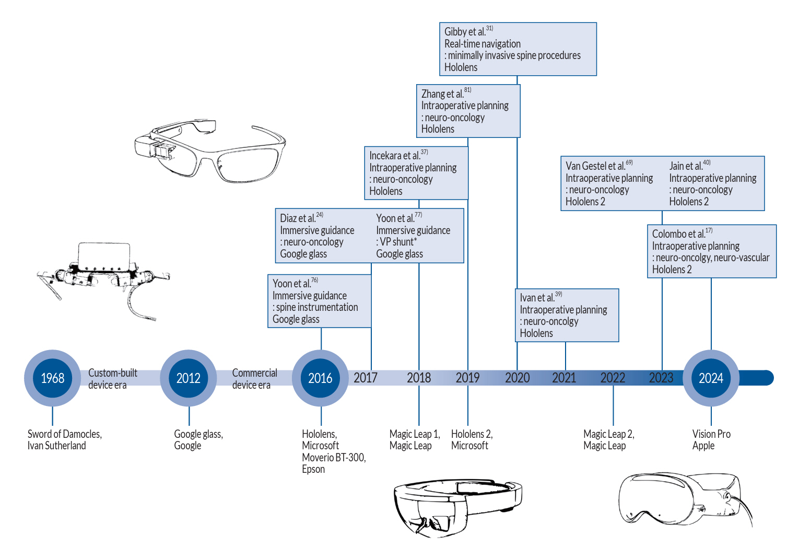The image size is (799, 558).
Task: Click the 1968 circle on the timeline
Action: click(52, 378)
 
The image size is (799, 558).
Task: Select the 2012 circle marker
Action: click(189, 378)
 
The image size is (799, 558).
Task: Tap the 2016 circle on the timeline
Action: click(320, 378)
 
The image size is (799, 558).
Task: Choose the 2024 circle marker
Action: click(711, 378)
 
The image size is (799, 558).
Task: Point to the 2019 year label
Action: click(467, 378)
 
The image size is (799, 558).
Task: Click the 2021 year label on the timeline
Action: click(564, 378)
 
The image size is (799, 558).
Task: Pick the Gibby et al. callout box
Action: click(518, 49)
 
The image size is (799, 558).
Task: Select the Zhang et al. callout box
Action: click(468, 111)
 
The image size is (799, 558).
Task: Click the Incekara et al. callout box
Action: click(416, 173)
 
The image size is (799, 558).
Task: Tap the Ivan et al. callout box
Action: click(567, 315)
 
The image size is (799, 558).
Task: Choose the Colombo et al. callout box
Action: click(711, 251)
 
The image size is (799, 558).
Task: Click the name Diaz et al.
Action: click(298, 218)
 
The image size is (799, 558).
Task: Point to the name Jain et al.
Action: click(686, 166)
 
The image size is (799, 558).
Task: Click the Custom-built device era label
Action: click(112, 379)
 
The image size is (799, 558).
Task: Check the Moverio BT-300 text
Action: click(334, 458)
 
